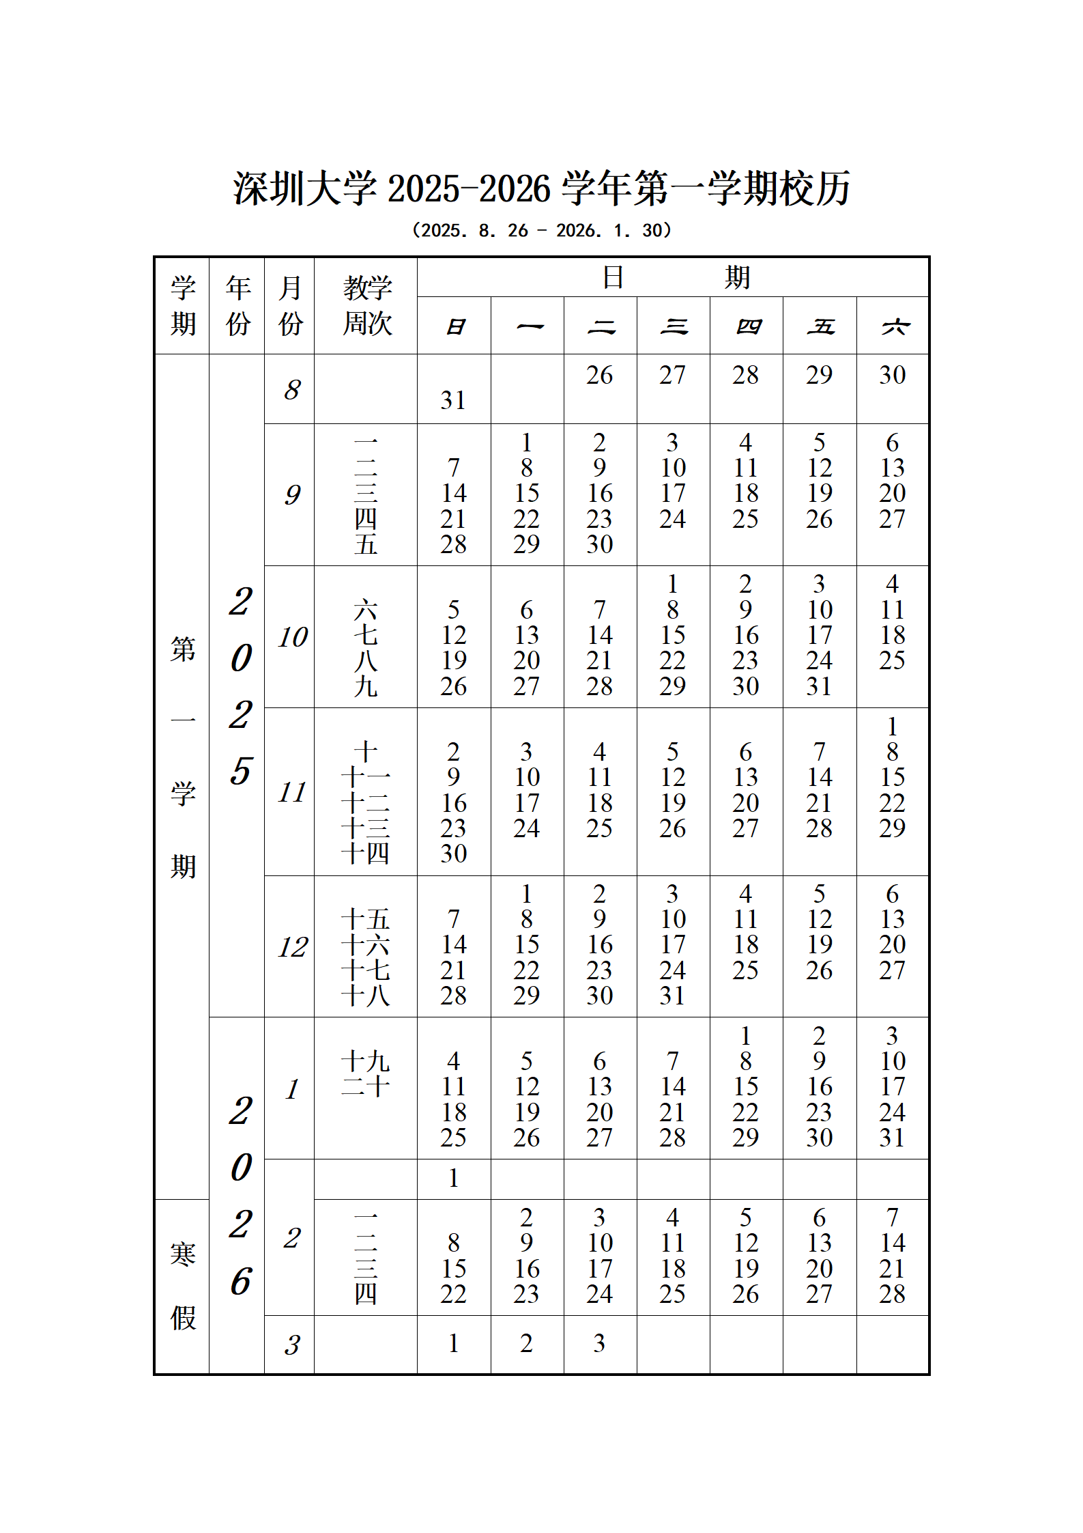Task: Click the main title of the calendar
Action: [541, 189]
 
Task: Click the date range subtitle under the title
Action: [541, 231]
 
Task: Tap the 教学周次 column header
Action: [367, 306]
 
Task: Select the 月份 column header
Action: [290, 306]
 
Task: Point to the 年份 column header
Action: [237, 306]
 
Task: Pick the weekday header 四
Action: [747, 327]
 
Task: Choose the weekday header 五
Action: [820, 327]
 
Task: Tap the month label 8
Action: [292, 390]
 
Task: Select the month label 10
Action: [292, 637]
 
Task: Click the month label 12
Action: [292, 947]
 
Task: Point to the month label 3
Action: [292, 1345]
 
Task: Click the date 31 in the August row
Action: [453, 400]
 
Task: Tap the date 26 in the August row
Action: [599, 375]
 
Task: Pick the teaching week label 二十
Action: [366, 1086]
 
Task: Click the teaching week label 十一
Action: [366, 777]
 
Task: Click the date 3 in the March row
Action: [599, 1343]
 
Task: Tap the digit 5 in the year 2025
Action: [241, 771]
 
